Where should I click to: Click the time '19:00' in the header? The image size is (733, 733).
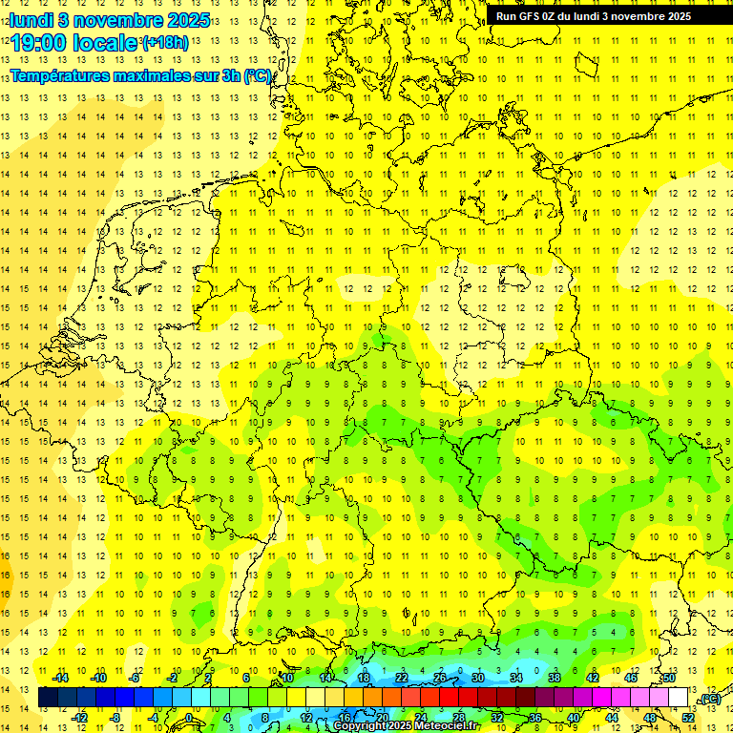click(x=44, y=43)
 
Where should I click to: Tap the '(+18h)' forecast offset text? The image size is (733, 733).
click(x=165, y=43)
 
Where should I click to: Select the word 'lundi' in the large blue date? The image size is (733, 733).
click(x=31, y=20)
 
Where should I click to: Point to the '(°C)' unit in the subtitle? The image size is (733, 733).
click(x=258, y=76)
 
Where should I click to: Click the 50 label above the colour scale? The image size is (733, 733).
click(x=669, y=678)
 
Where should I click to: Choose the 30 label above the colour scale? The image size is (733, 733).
click(x=478, y=678)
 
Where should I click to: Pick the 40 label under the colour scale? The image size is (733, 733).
click(x=574, y=717)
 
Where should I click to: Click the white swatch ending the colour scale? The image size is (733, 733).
click(x=679, y=698)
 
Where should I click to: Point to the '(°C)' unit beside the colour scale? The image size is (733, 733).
click(x=708, y=699)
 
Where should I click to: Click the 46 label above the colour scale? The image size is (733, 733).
click(x=631, y=678)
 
